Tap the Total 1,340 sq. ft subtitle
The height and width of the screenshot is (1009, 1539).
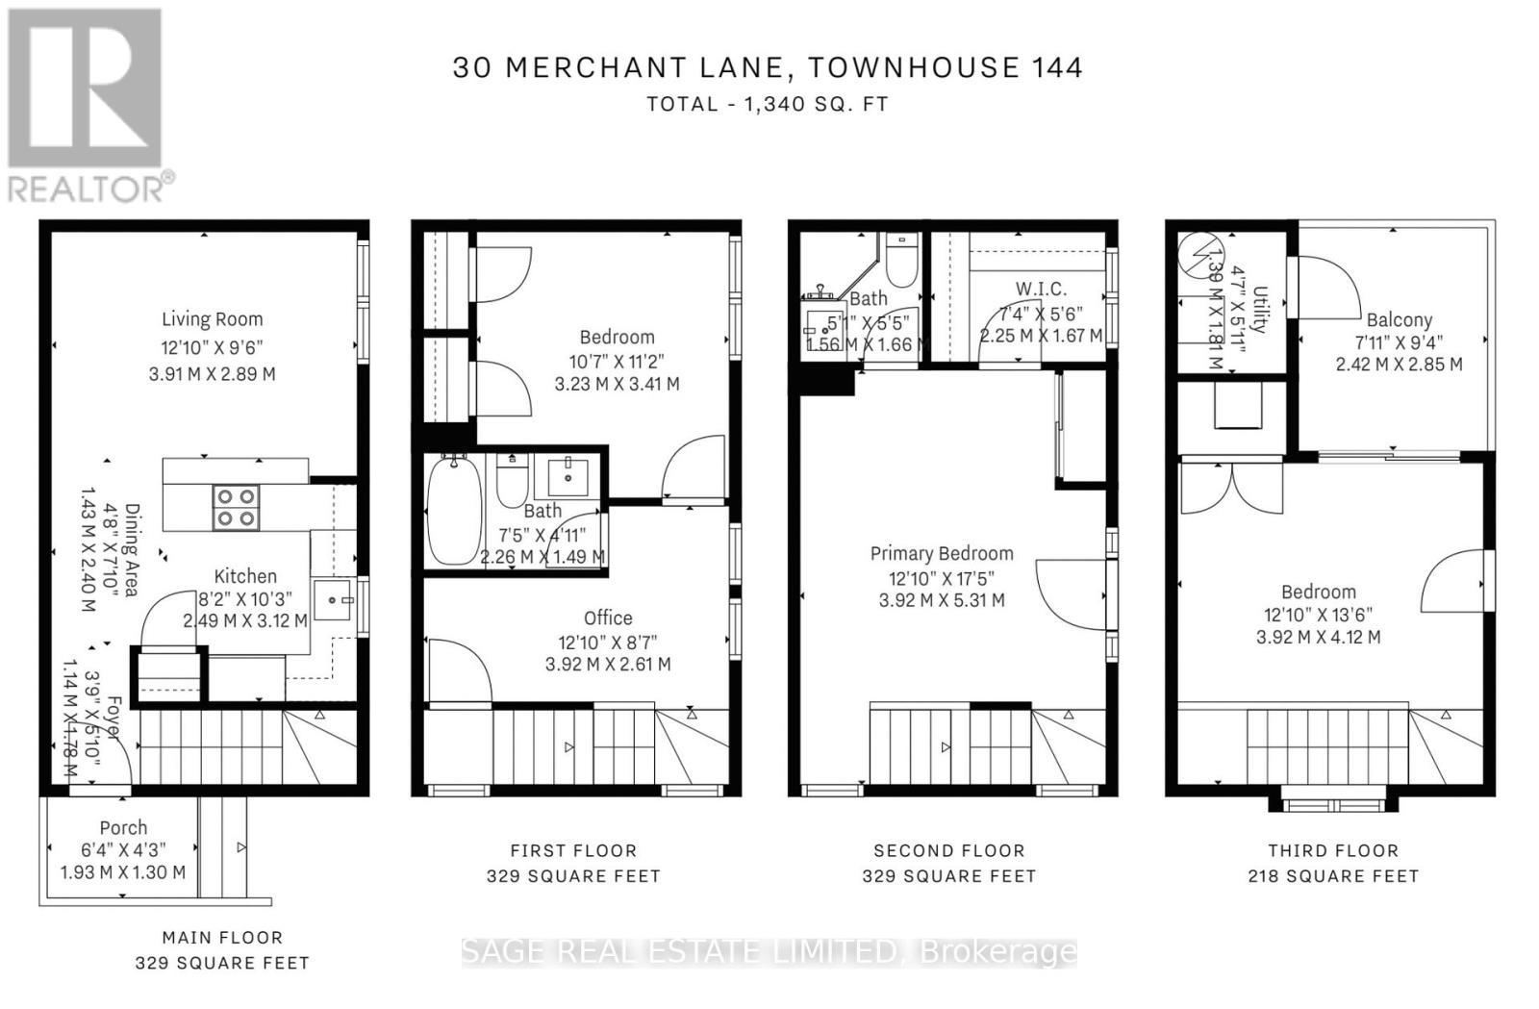click(767, 104)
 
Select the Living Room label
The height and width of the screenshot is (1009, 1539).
click(212, 319)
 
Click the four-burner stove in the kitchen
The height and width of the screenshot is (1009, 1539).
click(236, 508)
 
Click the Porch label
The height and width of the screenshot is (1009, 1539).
click(123, 827)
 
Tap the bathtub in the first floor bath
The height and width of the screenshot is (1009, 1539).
click(454, 510)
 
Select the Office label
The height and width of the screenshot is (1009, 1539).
click(608, 618)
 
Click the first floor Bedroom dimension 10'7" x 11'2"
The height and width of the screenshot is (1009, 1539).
click(616, 361)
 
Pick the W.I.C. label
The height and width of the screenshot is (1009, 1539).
click(1041, 289)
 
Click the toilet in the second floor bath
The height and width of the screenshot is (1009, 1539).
click(901, 262)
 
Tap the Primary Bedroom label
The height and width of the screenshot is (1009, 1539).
click(942, 553)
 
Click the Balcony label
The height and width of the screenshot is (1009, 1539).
click(1399, 320)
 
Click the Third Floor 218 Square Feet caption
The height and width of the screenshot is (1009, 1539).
click(1333, 863)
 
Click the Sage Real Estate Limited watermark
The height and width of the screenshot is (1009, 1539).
click(769, 951)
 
